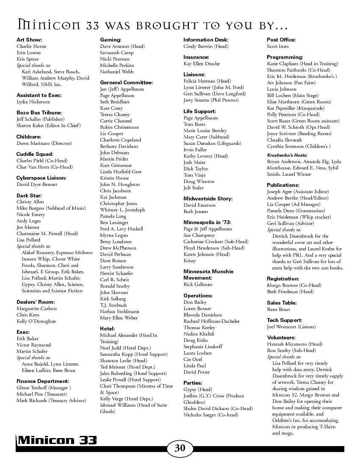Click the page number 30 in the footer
(x=180, y=448)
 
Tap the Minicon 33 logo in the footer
(x=57, y=441)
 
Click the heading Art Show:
(x=29, y=40)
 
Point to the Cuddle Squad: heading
(x=35, y=154)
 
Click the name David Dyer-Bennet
(x=36, y=184)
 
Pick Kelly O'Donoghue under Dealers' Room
(x=36, y=321)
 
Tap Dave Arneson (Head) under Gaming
(x=122, y=46)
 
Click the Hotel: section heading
(x=108, y=328)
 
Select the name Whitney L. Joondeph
(x=122, y=210)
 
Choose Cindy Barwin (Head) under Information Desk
(x=206, y=46)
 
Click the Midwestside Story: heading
(x=208, y=199)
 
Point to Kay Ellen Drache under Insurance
(x=202, y=64)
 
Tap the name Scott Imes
(x=278, y=46)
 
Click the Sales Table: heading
(x=282, y=303)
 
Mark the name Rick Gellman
(x=198, y=284)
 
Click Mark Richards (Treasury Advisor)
(x=51, y=400)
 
